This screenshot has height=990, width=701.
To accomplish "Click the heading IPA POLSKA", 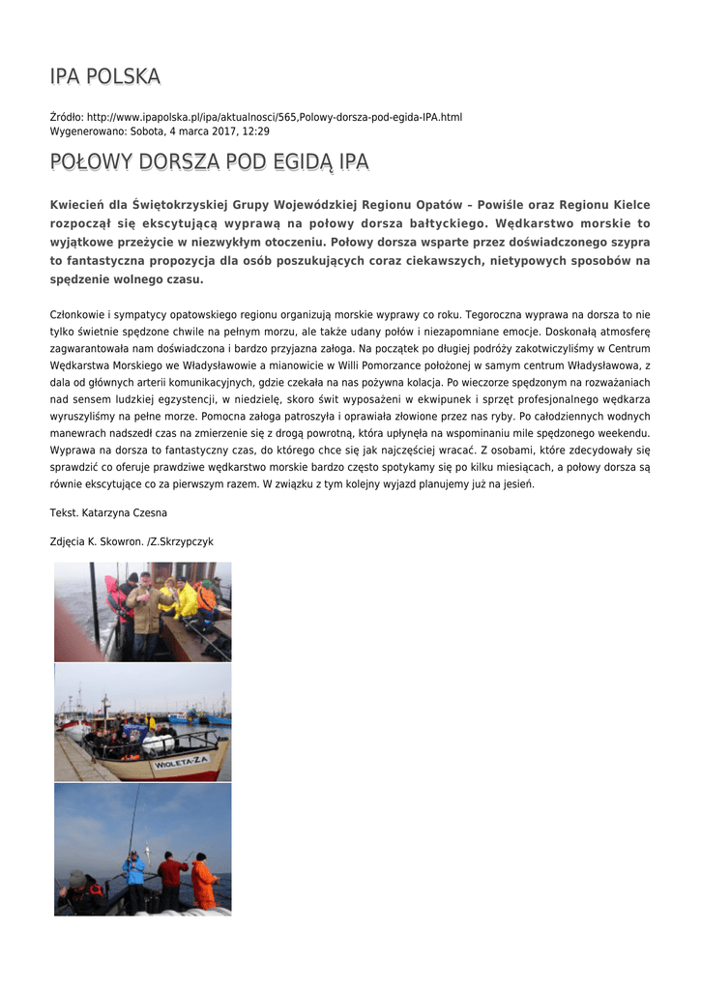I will point(105,76).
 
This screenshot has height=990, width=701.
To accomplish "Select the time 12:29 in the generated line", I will point(256,131).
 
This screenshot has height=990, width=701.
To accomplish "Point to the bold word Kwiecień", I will point(76,205).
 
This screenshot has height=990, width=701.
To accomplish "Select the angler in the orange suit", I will point(203,881).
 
